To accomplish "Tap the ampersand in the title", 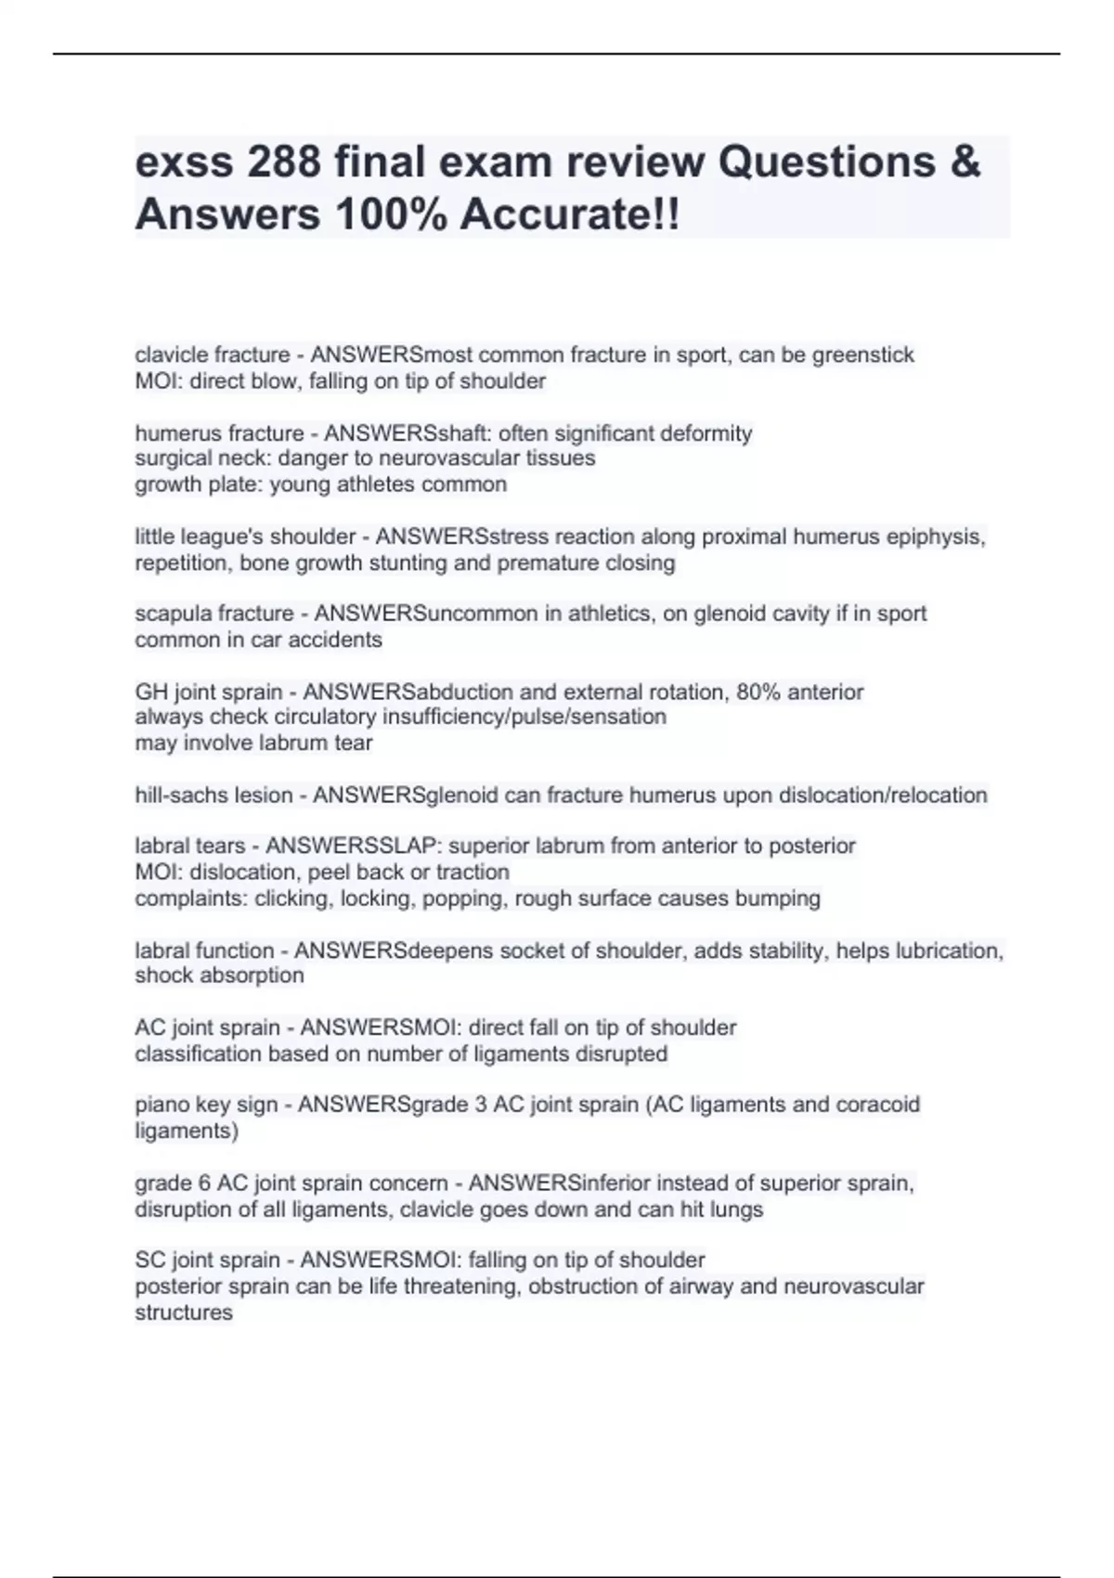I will (x=965, y=162).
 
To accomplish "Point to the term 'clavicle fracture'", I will (x=213, y=356).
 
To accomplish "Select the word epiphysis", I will (x=939, y=537).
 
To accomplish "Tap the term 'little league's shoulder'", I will (x=246, y=537).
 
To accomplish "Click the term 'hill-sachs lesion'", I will (x=214, y=795).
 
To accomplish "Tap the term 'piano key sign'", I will (x=206, y=1105).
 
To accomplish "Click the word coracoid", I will (x=877, y=1105).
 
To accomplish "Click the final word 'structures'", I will (x=184, y=1313).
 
